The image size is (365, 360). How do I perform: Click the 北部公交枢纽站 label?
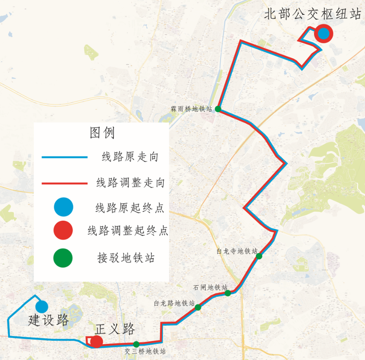[313, 14]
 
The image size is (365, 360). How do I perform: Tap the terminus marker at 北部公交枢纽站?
[323, 34]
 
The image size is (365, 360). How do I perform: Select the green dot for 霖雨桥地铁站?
[218, 109]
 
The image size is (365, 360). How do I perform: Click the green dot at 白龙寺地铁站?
[259, 256]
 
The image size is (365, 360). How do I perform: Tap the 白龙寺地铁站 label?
[237, 251]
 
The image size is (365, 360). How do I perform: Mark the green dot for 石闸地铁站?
[228, 293]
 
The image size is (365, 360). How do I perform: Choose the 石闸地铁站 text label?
[210, 288]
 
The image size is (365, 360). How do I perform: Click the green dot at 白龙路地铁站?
[198, 307]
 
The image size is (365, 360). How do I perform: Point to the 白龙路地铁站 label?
[174, 303]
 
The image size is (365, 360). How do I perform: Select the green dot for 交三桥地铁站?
[136, 344]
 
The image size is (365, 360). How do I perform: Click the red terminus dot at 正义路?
[97, 341]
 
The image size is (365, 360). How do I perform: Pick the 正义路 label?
[115, 329]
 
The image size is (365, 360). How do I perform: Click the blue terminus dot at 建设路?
[41, 306]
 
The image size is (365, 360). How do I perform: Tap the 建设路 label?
[49, 320]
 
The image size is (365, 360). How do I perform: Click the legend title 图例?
[102, 132]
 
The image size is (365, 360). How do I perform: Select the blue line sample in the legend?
[64, 157]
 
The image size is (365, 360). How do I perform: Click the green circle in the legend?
[63, 258]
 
